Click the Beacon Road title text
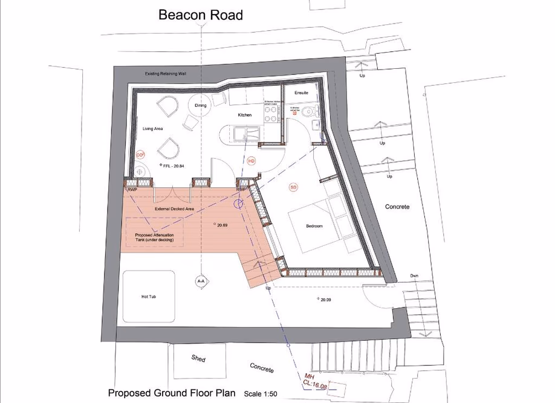pos(201,15)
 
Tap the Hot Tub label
pos(149,297)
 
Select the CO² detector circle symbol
pos(140,155)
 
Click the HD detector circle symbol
pos(252,161)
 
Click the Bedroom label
pos(314,226)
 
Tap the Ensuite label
pos(301,93)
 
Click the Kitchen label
pos(244,115)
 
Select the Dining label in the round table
pos(201,106)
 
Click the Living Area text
pos(153,128)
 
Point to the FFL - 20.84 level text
pos(173,165)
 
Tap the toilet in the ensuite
pos(311,112)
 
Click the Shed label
pos(198,358)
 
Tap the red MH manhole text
pos(310,376)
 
